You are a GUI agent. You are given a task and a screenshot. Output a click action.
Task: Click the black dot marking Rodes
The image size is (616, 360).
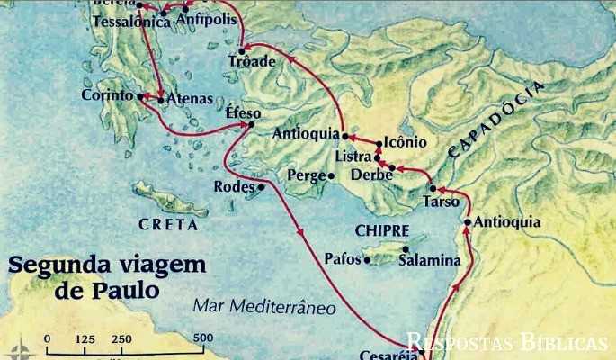(x=261, y=187)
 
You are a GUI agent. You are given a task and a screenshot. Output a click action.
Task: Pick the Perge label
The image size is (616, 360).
(x=305, y=175)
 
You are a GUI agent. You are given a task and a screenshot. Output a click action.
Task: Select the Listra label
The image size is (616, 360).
(x=353, y=157)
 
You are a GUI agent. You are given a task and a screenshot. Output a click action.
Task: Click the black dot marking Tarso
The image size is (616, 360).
(x=433, y=189)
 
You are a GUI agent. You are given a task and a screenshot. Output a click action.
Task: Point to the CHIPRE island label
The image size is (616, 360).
(x=382, y=230)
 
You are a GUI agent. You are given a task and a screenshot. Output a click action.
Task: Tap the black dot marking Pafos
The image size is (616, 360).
(x=367, y=260)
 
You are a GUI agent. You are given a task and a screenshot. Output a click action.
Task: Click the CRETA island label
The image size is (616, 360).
(x=168, y=223)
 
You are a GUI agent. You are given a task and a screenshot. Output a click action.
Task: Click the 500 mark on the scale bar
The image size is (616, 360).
(x=203, y=338)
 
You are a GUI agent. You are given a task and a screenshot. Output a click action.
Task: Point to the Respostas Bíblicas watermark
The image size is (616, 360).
(x=506, y=342)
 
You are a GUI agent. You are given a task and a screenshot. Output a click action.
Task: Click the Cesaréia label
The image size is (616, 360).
(x=388, y=354)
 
